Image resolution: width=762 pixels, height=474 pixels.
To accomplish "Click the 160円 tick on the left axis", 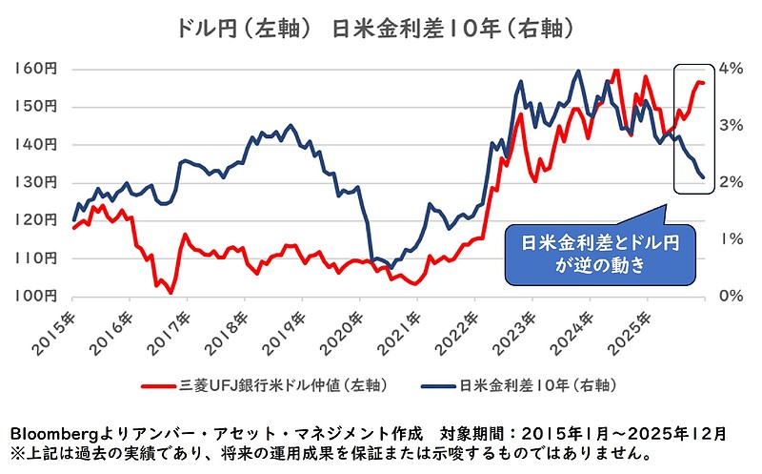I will tap(35, 69).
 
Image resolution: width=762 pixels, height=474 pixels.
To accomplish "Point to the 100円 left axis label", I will tap(35, 296).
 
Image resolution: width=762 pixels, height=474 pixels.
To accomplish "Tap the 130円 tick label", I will tap(35, 182).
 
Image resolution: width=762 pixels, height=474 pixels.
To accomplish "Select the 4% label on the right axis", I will tap(730, 69).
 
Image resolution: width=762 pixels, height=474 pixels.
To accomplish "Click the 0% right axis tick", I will tap(730, 296).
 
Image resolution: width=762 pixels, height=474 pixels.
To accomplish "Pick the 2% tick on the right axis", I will tap(730, 182).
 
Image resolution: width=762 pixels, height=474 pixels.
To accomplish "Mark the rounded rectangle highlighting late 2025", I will tap(692, 129).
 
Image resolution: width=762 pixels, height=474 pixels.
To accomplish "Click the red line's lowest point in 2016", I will tap(170, 293).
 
